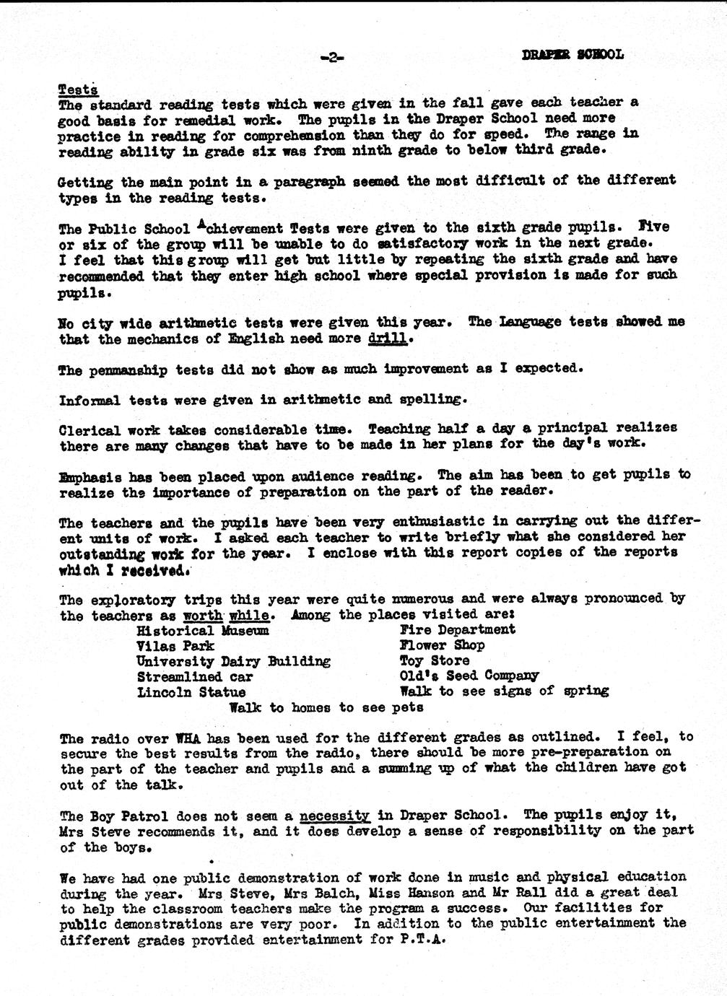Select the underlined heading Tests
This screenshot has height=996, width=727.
click(x=78, y=89)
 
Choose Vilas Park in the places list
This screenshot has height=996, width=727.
click(x=175, y=646)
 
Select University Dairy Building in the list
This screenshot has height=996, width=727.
click(x=233, y=661)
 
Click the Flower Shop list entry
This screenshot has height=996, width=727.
click(x=442, y=645)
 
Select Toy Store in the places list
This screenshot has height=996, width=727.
click(x=435, y=661)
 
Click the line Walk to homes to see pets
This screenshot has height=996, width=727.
click(x=326, y=708)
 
